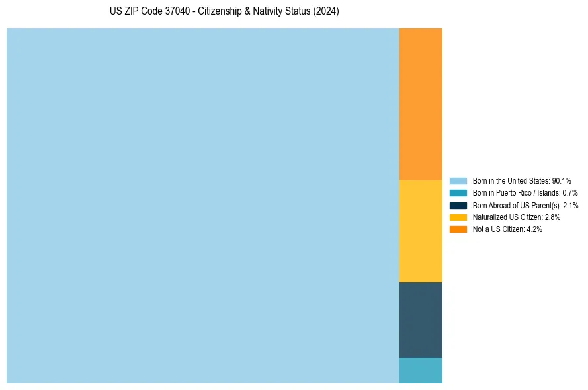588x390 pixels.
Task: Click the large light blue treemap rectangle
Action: pos(202,206)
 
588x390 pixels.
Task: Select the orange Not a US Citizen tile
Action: pos(421,104)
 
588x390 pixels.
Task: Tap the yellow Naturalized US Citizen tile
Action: pos(421,231)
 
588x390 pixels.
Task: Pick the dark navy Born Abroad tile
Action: pos(421,319)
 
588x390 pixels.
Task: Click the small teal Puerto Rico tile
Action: pos(421,370)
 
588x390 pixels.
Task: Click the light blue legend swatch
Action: pos(458,180)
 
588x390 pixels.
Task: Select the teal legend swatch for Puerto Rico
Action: pos(458,193)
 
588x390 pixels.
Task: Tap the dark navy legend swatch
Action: pos(458,205)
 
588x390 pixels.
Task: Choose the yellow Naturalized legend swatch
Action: pos(458,217)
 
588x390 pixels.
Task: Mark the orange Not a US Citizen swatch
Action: pos(458,229)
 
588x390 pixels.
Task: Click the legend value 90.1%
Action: pos(561,180)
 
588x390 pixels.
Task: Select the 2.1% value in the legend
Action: pos(570,206)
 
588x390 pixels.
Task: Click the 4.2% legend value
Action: pos(534,229)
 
